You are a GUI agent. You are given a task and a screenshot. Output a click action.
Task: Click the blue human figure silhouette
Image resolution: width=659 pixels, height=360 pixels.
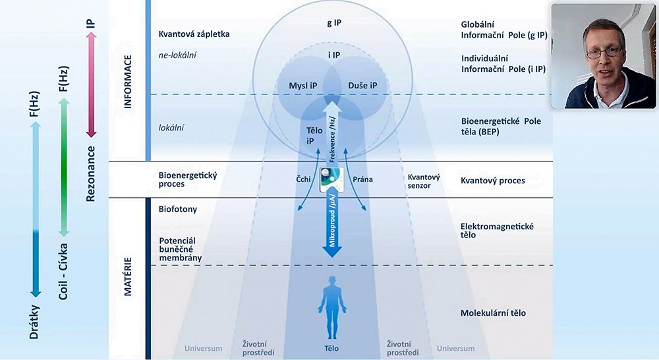(331, 305)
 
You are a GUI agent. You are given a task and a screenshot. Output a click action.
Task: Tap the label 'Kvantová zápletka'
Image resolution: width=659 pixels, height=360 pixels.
(194, 34)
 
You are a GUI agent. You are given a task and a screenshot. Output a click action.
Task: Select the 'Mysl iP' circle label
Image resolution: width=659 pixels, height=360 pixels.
(303, 86)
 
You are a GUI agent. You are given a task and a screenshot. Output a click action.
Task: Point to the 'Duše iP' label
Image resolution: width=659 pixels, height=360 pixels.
(362, 86)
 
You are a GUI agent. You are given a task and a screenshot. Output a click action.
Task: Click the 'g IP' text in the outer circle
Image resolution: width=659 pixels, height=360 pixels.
(333, 22)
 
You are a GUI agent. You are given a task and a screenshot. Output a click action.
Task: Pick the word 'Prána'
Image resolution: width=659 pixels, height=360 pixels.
(364, 179)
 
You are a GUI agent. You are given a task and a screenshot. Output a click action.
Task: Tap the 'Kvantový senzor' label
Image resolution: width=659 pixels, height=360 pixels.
(419, 181)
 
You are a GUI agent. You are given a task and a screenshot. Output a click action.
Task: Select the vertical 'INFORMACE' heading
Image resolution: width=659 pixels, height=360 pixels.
(129, 80)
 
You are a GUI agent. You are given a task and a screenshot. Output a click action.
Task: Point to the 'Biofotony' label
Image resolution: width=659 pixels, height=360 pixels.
(178, 210)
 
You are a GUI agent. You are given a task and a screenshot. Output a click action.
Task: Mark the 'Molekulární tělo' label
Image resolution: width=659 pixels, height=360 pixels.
(494, 313)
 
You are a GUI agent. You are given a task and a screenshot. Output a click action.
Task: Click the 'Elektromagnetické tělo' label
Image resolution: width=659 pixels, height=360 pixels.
(498, 231)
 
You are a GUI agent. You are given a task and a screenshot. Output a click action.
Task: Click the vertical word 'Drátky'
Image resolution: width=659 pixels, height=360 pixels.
(34, 323)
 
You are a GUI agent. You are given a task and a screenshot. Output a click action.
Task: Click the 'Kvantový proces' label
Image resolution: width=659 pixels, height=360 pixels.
(493, 180)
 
